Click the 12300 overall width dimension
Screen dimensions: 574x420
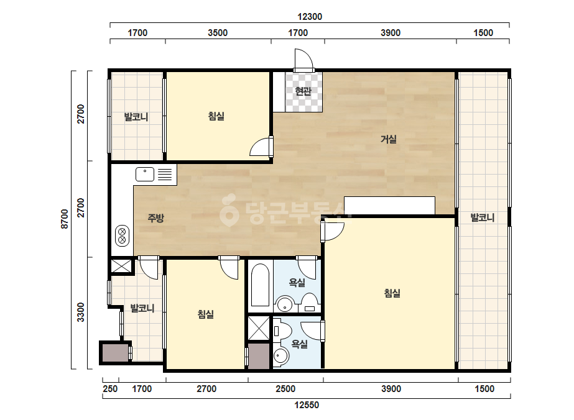click(x=309, y=17)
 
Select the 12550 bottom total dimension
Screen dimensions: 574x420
click(x=307, y=405)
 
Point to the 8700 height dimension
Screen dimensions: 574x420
click(x=65, y=219)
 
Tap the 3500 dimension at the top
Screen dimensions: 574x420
click(x=218, y=33)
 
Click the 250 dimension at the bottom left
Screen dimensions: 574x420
click(x=110, y=389)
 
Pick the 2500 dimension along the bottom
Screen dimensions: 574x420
click(x=285, y=389)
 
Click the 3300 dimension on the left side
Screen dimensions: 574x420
click(x=81, y=313)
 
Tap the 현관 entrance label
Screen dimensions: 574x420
click(x=303, y=91)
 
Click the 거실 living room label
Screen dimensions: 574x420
click(x=389, y=139)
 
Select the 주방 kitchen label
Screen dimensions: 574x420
click(x=155, y=219)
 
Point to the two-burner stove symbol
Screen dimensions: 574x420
click(x=123, y=236)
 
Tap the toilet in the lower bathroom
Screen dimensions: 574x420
click(x=282, y=331)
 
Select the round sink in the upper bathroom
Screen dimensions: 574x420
click(x=284, y=304)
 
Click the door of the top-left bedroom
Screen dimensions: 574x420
click(x=261, y=147)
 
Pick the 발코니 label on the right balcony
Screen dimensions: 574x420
click(x=483, y=217)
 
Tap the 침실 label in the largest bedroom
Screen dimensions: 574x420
click(x=392, y=293)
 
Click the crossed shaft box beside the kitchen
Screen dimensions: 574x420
click(x=121, y=266)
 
